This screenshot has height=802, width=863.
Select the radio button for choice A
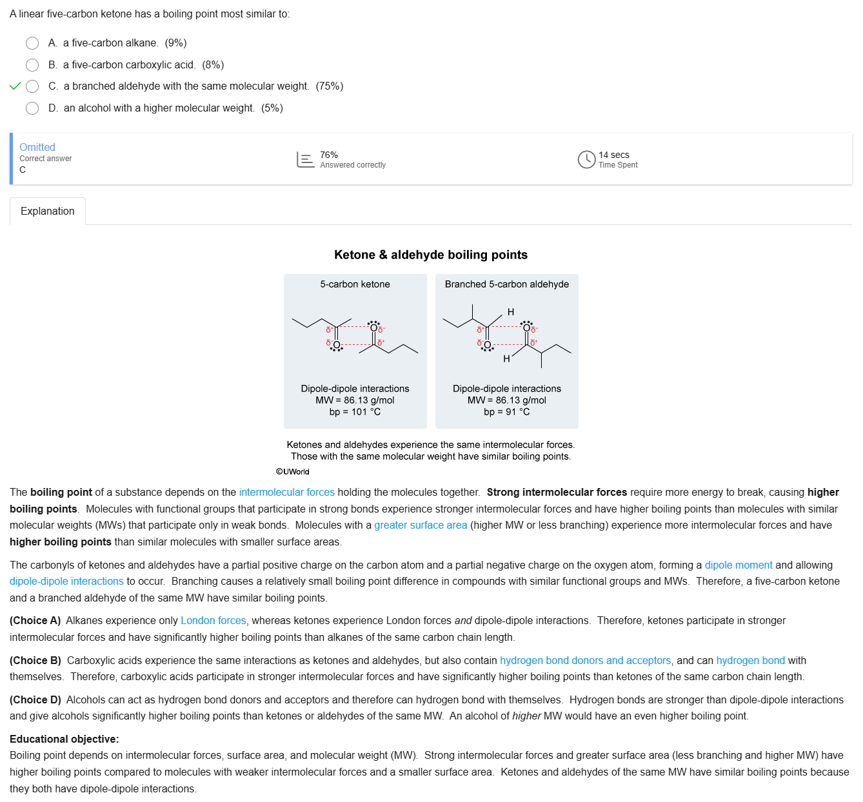pos(32,43)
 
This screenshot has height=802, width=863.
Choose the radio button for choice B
pos(32,65)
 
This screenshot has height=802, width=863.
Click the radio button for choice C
pos(32,86)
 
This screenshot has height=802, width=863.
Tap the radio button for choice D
pos(32,108)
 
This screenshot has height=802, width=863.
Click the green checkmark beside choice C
pos(15,86)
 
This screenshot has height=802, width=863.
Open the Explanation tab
pos(48,211)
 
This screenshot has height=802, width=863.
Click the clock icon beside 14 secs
pos(586,159)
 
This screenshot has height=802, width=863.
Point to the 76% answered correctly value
pos(329,155)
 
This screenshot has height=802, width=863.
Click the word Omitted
pos(37,147)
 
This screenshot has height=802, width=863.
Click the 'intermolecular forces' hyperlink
pos(286,493)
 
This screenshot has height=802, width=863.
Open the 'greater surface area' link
pos(421,525)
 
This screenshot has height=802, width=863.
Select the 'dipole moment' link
pos(739,565)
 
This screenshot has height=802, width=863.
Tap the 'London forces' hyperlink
pos(213,621)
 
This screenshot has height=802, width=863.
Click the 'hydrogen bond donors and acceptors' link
pos(585,661)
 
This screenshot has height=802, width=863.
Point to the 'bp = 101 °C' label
pos(355,412)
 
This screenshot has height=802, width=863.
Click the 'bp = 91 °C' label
pos(506,412)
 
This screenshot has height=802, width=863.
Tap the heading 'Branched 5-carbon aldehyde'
pos(506,284)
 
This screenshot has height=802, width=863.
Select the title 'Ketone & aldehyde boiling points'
pos(431,255)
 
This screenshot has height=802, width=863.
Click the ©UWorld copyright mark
pos(293,472)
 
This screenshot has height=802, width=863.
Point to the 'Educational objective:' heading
pos(64,739)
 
